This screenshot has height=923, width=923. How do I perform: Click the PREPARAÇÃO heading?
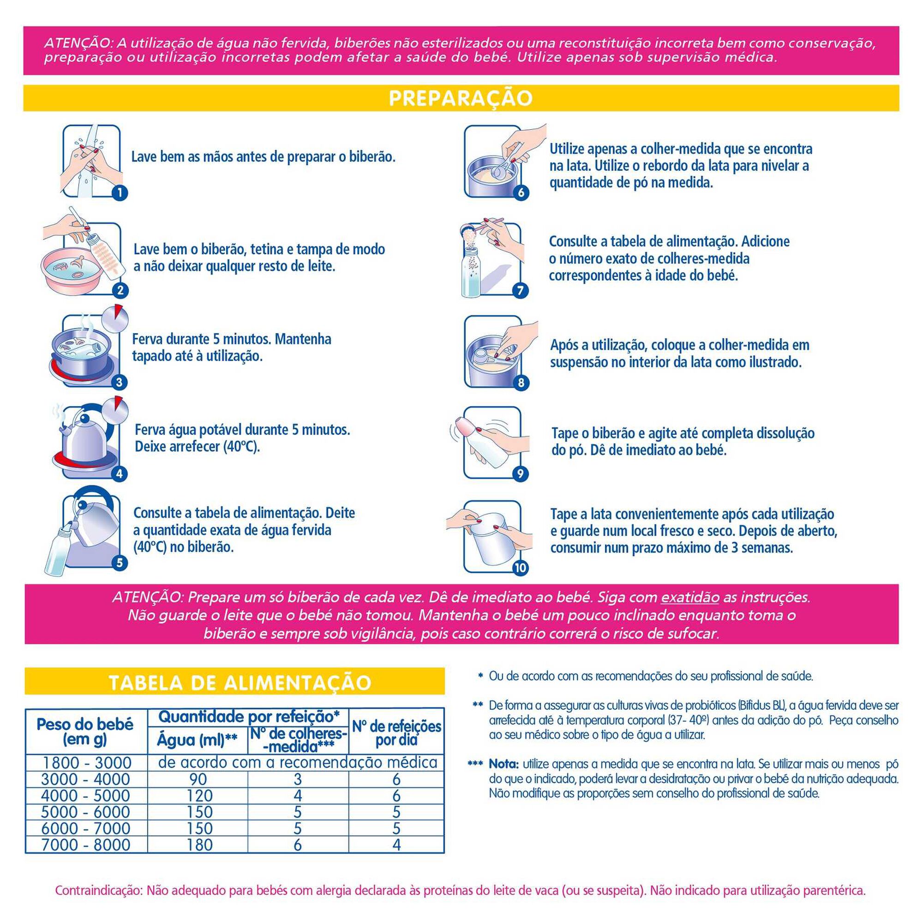click(x=461, y=98)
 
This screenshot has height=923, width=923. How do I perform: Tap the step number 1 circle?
click(x=120, y=192)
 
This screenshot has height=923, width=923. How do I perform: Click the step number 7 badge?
click(x=520, y=290)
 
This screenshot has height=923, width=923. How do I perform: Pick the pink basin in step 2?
click(x=69, y=270)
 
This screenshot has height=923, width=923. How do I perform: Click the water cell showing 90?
click(x=198, y=779)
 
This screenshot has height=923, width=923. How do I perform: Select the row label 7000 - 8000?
click(x=86, y=845)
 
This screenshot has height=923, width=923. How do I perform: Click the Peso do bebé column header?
click(x=85, y=731)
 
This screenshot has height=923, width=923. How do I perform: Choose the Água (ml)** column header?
click(x=198, y=740)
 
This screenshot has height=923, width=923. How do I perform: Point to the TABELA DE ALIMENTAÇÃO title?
click(x=240, y=683)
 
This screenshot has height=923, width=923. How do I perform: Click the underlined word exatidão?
click(x=690, y=597)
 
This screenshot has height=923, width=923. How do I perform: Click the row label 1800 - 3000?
click(x=86, y=762)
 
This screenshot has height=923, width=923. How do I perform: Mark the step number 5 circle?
click(x=120, y=563)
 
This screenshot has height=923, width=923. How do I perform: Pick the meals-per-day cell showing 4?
click(x=396, y=845)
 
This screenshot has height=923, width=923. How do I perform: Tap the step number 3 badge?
click(x=120, y=382)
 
